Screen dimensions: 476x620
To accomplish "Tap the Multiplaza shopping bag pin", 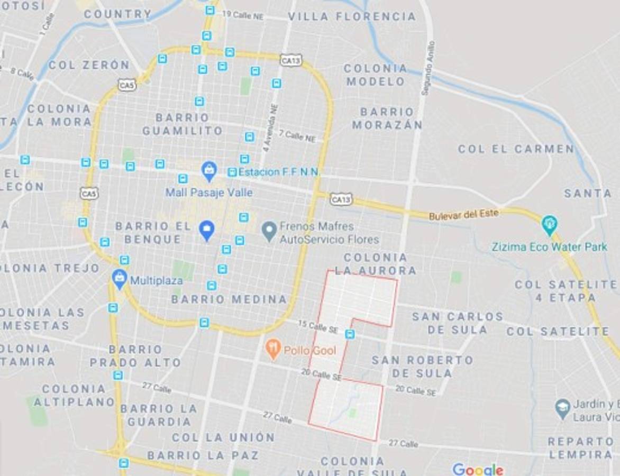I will [120, 278].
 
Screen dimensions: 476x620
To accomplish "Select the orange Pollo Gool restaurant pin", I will [273, 349].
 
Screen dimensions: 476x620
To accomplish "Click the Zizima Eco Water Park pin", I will [550, 225].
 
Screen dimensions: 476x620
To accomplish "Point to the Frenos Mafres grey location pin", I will [270, 231].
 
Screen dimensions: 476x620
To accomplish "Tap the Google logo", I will [478, 469].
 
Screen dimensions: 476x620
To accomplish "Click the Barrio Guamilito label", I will [183, 124].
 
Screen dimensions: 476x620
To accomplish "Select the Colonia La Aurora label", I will [375, 264].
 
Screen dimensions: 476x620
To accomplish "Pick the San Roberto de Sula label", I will [422, 367].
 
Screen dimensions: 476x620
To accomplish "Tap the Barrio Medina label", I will [229, 299].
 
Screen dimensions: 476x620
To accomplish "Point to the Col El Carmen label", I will [516, 149].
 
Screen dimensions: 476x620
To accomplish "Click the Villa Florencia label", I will [352, 16].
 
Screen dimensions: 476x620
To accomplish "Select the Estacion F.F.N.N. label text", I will [279, 172].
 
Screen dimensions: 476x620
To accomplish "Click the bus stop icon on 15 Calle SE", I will [349, 334].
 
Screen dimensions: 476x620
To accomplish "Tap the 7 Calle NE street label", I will [297, 136].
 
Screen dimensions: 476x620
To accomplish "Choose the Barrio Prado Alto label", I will [135, 356].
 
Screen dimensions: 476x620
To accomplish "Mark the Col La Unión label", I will [223, 437].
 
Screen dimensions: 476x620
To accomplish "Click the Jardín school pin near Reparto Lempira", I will [562, 408].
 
